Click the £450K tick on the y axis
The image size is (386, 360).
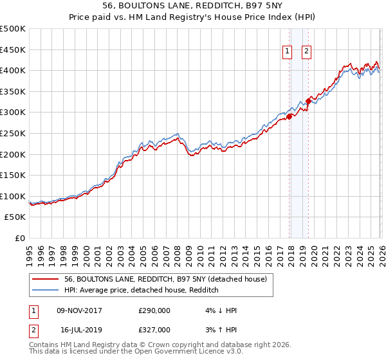click(x=13, y=50)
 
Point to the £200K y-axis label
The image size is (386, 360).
click(x=13, y=154)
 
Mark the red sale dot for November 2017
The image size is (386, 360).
click(x=289, y=116)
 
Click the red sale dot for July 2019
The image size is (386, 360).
click(x=308, y=101)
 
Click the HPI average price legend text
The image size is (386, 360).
click(x=142, y=290)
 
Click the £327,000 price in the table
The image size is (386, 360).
click(x=154, y=329)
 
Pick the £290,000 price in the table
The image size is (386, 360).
click(x=154, y=310)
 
